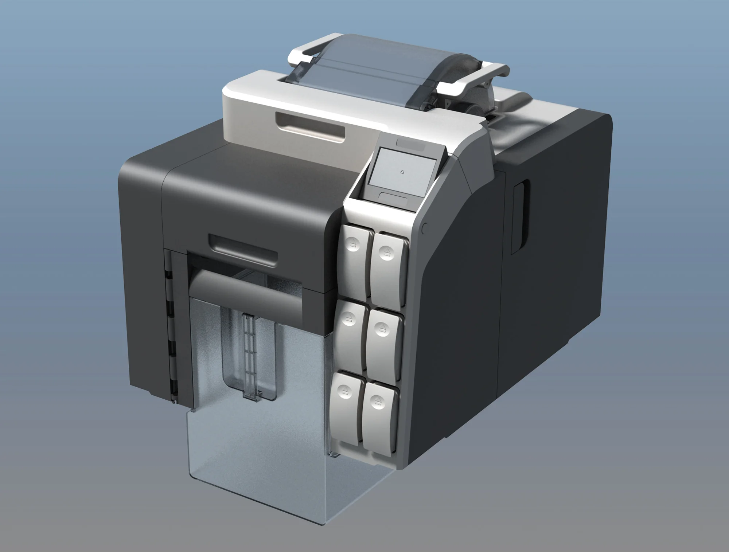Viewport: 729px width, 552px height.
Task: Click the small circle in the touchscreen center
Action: [402, 172]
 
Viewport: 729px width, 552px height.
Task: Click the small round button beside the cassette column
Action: [424, 229]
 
